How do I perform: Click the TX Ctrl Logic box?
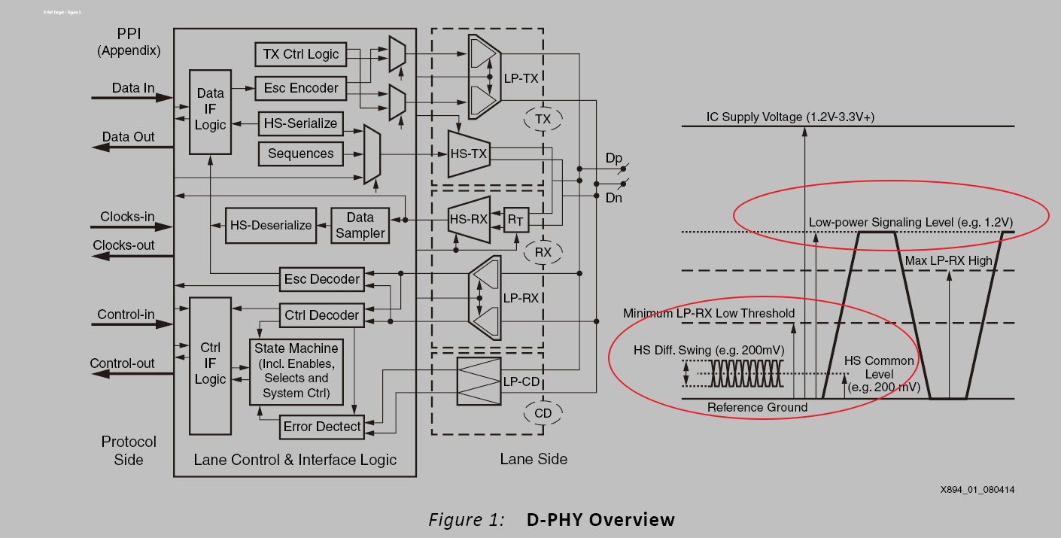click(301, 54)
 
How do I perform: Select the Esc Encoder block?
click(301, 88)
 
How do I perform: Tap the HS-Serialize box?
click(300, 123)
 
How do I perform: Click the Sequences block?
click(300, 153)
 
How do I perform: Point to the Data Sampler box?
click(360, 225)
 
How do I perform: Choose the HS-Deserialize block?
click(271, 225)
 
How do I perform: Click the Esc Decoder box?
click(321, 279)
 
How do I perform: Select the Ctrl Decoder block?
click(321, 315)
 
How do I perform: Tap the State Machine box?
click(296, 371)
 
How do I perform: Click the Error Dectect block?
click(321, 427)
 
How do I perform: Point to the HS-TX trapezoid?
click(469, 154)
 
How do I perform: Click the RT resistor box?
click(515, 220)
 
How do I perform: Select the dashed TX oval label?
click(543, 120)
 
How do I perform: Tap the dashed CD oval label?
click(543, 412)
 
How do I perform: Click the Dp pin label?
click(614, 159)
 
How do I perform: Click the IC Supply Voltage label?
click(790, 117)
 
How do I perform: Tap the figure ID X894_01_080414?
click(977, 490)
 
